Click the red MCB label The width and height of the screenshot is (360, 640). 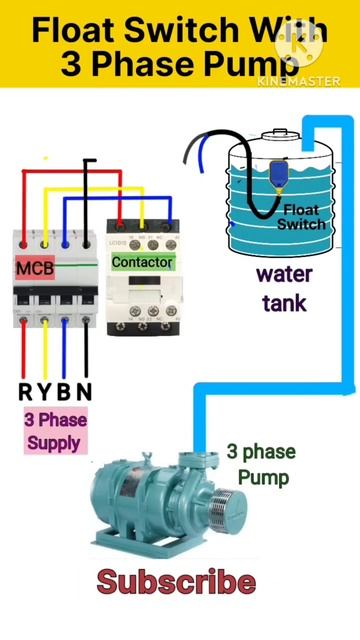[x=35, y=269]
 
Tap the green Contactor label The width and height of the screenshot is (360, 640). [x=142, y=262]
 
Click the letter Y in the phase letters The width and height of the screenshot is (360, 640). [x=45, y=391]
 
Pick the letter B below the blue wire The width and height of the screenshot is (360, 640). [x=65, y=391]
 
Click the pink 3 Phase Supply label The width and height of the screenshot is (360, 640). [x=54, y=431]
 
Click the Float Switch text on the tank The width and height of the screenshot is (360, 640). [x=300, y=217]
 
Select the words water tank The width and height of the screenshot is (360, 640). [x=284, y=287]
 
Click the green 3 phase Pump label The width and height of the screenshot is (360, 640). [x=261, y=465]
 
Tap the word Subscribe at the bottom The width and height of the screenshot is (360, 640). [x=176, y=582]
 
